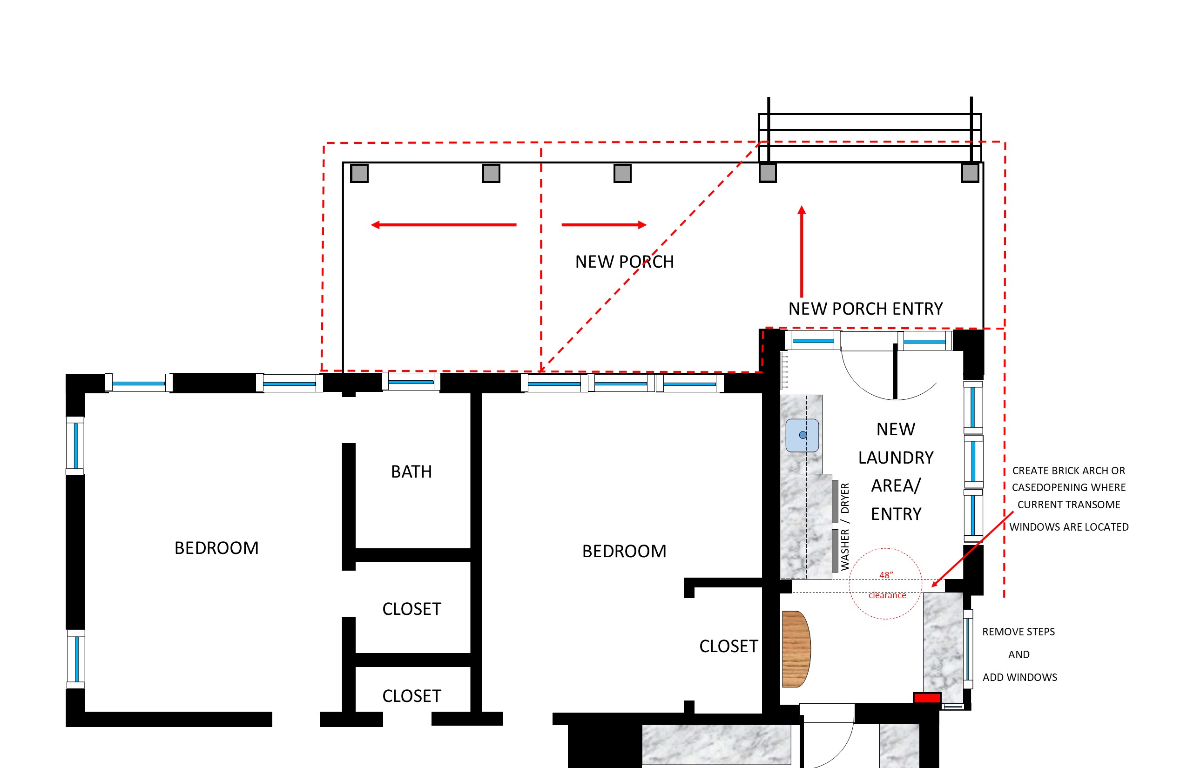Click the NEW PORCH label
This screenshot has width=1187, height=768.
coord(624,262)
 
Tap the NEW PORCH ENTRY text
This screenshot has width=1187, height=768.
coord(865,309)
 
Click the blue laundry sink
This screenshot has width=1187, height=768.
coord(802,435)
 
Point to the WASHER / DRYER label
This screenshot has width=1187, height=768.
coord(845,526)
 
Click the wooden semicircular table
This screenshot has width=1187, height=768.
coord(796,649)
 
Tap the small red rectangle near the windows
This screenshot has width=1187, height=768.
coord(927,698)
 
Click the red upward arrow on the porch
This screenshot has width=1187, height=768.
coord(802,251)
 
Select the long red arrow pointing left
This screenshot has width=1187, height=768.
coord(443,225)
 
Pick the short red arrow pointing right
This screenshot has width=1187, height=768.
coord(604,225)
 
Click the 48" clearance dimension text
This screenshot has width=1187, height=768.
coord(887,585)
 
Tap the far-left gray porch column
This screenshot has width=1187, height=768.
coord(359,173)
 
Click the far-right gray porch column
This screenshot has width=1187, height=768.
coord(970,173)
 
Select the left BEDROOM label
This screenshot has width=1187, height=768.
coord(216,548)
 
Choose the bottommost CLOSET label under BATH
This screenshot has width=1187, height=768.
coord(411,696)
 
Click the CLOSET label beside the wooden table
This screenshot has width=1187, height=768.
coord(728,647)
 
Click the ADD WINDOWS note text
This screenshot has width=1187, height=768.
coord(1020,677)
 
